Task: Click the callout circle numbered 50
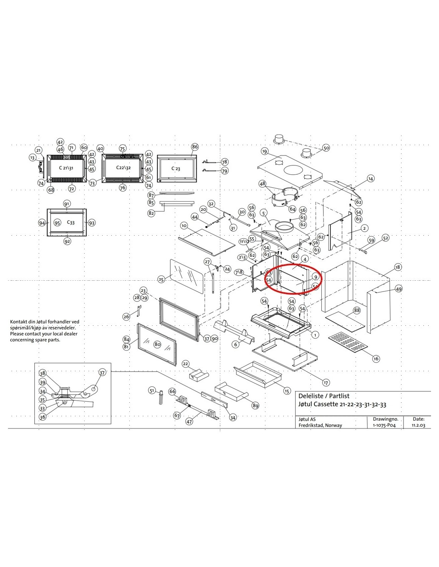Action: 326,148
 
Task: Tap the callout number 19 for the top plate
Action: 265,151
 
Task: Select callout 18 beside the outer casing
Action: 397,267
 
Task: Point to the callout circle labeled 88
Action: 356,310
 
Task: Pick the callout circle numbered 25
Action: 161,279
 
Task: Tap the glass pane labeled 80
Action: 157,344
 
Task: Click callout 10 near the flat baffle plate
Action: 184,226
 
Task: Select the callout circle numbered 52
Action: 385,238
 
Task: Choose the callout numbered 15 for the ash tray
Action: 287,391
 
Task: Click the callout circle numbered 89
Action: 255,406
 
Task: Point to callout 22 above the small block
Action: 186,364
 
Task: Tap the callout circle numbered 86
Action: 195,147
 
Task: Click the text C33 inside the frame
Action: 71,222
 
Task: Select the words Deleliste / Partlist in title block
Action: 324,396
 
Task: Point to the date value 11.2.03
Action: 419,425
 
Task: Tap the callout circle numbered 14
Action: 371,179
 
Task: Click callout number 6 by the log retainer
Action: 236,344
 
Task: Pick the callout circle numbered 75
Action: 123,148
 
